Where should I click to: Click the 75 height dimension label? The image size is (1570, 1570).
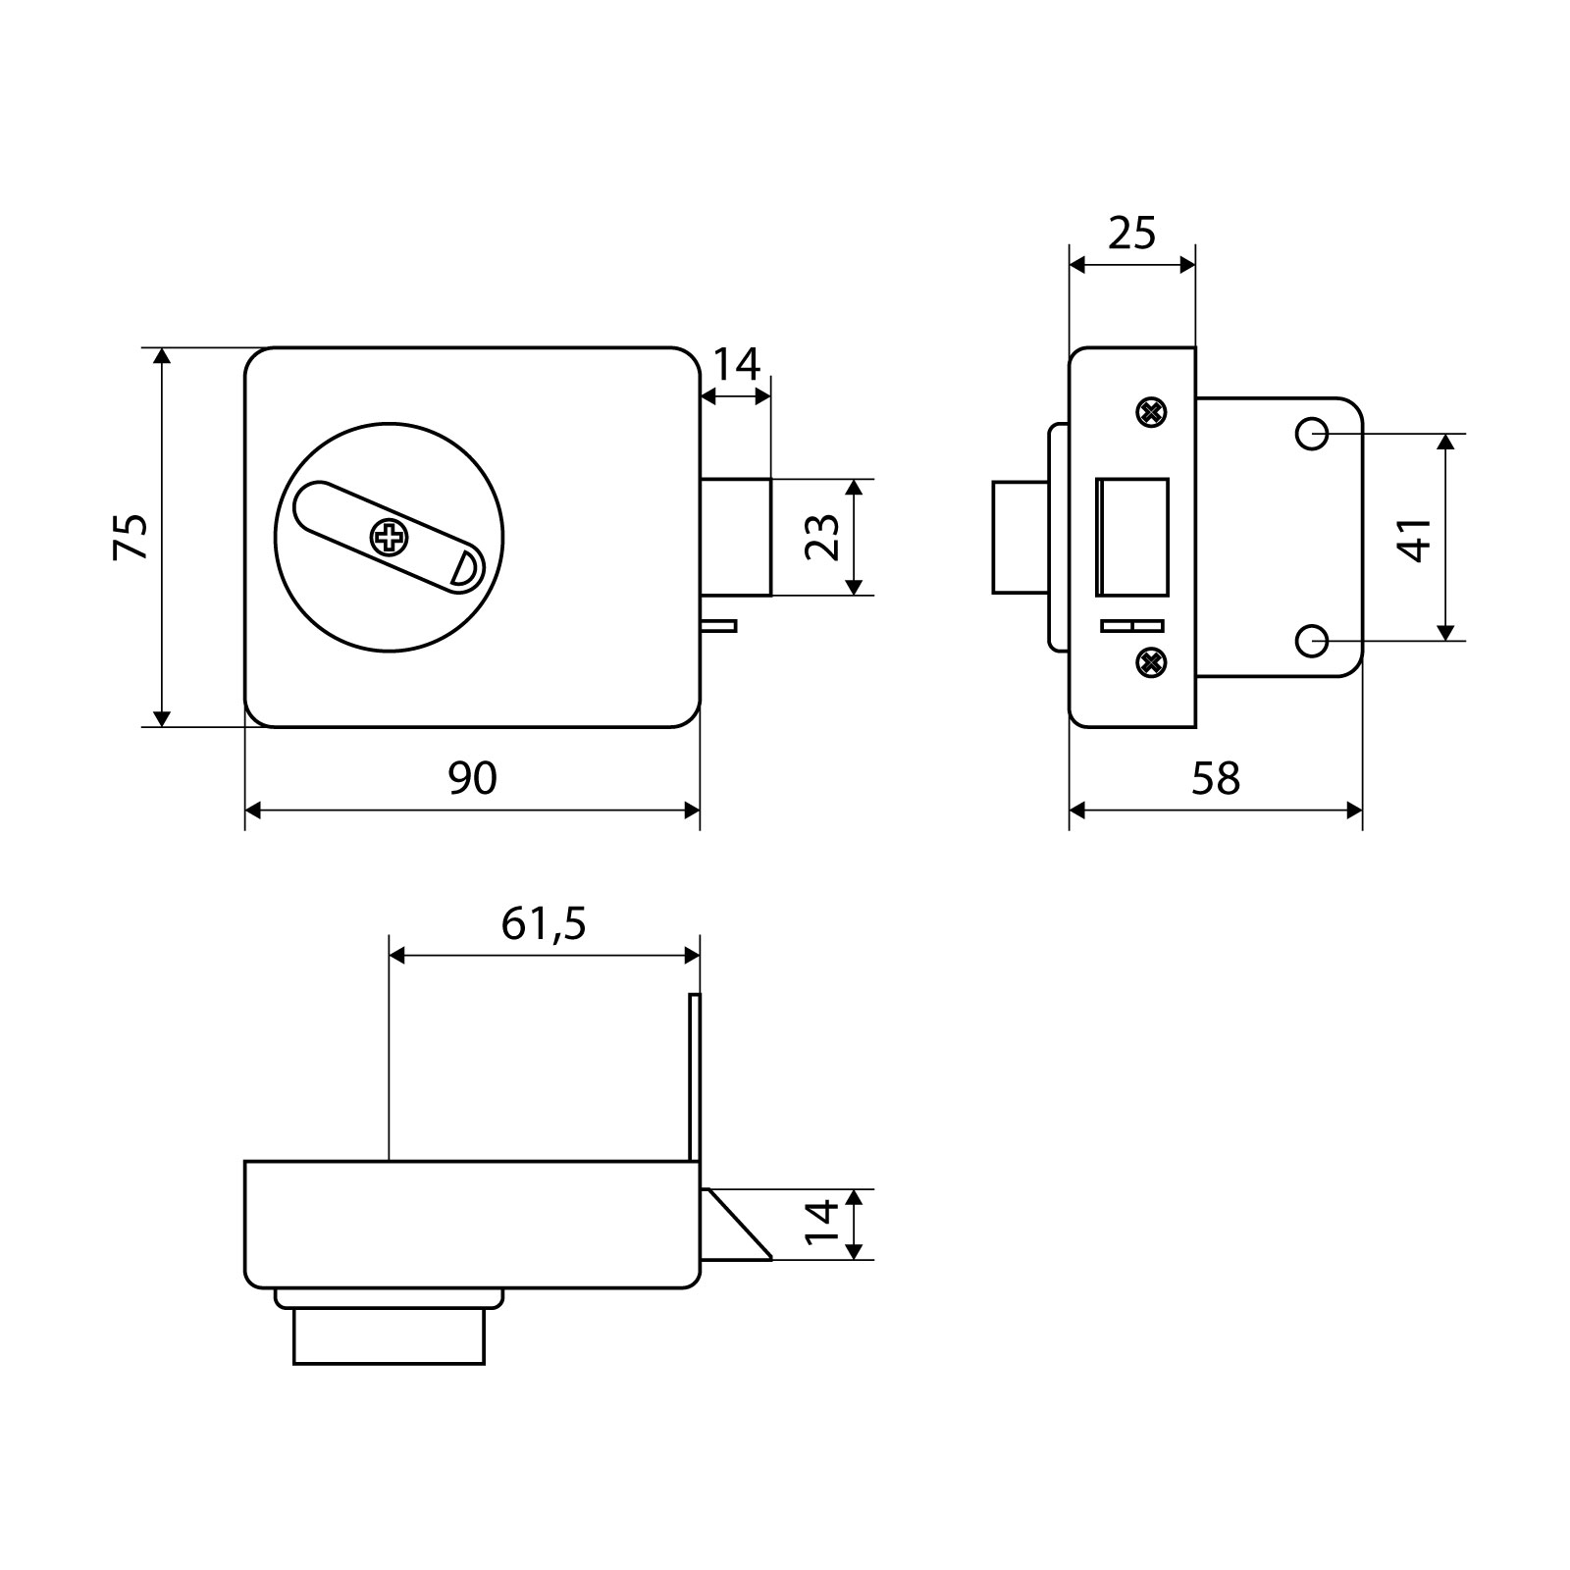[x=131, y=536]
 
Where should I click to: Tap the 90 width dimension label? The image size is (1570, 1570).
[x=473, y=778]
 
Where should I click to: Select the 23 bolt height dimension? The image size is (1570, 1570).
[x=822, y=537]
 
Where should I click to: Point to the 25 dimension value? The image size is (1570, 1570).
[x=1132, y=234]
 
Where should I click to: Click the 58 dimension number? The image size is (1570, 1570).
[x=1216, y=778]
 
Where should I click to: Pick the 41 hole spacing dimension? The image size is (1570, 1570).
[x=1415, y=538]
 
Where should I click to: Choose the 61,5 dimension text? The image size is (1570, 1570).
[x=544, y=923]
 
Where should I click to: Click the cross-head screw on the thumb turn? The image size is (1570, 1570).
[x=389, y=537]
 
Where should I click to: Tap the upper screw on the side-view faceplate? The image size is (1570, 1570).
[x=1150, y=412]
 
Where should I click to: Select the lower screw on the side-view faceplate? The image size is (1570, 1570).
[x=1150, y=662]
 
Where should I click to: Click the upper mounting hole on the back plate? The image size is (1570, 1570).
[x=1312, y=433]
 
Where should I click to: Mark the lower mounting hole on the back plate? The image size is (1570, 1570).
[x=1312, y=641]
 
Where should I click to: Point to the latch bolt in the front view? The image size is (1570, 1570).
[x=736, y=537]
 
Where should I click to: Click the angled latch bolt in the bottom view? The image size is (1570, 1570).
[x=737, y=1224]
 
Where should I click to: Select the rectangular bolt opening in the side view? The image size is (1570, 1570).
[x=1132, y=537]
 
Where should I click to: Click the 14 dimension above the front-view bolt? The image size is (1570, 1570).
[x=736, y=365]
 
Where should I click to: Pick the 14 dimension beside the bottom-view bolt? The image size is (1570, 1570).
[x=822, y=1224]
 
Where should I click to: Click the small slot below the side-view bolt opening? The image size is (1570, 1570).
[x=1132, y=626]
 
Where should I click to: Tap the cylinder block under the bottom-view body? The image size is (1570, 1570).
[x=389, y=1335]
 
